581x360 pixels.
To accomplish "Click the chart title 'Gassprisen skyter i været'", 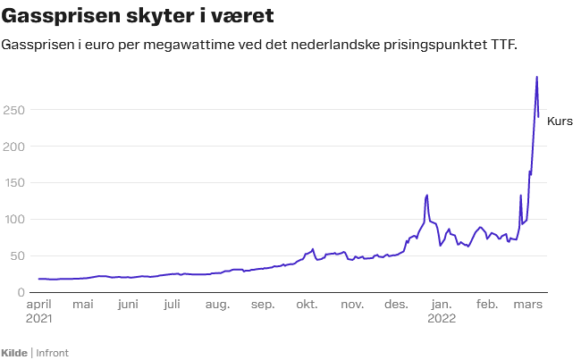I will click(x=139, y=16).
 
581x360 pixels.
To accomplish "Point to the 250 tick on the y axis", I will click(x=13, y=110).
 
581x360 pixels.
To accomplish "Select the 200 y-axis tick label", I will click(x=13, y=147).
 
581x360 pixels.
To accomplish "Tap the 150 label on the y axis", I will click(x=13, y=183).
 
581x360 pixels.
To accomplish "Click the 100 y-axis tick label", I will click(x=13, y=220).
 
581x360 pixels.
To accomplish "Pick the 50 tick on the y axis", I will click(x=16, y=256).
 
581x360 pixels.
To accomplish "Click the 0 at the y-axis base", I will click(x=20, y=293).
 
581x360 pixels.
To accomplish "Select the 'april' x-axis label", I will click(x=38, y=305).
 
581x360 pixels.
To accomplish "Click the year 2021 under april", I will click(x=39, y=318).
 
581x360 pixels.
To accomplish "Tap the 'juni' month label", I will click(x=128, y=305).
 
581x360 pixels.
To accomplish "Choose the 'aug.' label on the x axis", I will click(x=217, y=305).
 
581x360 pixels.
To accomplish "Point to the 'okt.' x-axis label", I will click(x=307, y=305).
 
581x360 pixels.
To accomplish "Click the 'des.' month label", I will click(x=396, y=305).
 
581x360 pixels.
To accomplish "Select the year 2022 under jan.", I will click(x=442, y=318).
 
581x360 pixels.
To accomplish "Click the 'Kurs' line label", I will click(x=560, y=121).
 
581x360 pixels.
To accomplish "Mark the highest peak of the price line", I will click(x=536, y=77).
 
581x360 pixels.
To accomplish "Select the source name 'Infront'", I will click(x=52, y=353).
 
